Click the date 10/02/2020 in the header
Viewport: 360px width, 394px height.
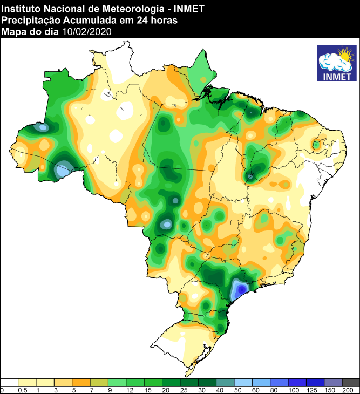click(87, 32)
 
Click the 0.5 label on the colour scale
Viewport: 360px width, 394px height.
click(22, 390)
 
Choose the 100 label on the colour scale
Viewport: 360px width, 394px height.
click(293, 390)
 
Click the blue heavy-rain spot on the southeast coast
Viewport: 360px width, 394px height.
click(238, 290)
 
